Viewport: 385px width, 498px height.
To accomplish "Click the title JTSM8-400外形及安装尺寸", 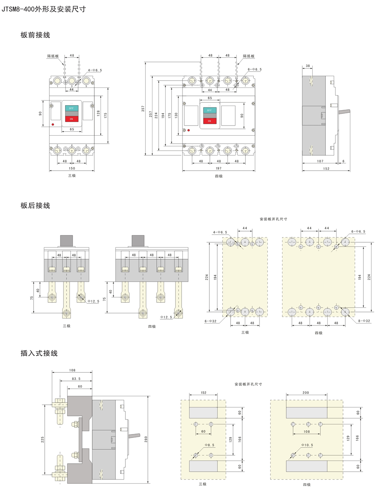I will tap(44, 9).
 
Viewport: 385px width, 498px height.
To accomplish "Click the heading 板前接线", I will tap(35, 35).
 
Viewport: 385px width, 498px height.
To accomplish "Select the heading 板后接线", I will tap(35, 206).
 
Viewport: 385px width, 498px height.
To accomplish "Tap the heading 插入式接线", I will tap(39, 353).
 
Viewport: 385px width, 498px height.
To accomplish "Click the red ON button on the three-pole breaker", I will tap(71, 119).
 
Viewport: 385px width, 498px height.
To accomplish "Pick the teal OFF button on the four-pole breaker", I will tap(209, 110).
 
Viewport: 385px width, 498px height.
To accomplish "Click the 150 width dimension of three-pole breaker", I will tap(72, 168).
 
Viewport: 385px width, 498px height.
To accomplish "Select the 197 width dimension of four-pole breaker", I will tap(219, 168).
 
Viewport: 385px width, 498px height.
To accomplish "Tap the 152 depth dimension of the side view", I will tap(326, 168).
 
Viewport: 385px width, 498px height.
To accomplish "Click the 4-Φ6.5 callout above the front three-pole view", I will tap(95, 70).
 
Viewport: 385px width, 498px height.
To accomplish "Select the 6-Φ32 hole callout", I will tap(211, 321).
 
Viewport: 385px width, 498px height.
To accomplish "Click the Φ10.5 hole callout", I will tap(307, 445).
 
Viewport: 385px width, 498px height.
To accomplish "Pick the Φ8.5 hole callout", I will tap(209, 445).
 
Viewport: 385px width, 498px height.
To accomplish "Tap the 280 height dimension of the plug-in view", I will tap(146, 439).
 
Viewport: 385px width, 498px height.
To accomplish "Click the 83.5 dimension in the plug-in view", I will tap(76, 379).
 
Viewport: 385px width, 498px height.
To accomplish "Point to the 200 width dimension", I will tap(306, 393).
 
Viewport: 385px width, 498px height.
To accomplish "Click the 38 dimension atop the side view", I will tap(308, 66).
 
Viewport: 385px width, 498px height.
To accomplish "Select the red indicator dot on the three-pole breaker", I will tap(53, 125).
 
